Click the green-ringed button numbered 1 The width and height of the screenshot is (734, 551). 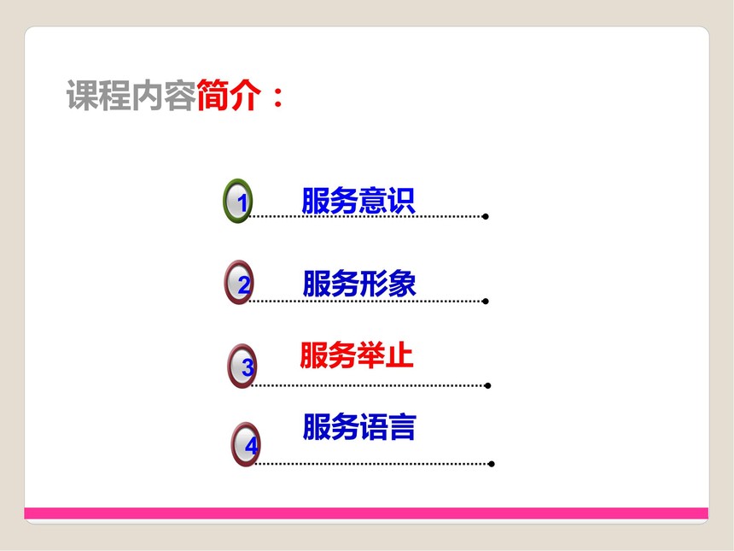coord(238,201)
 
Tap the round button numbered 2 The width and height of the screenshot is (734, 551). coord(239,283)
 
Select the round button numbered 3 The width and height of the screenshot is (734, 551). coord(242,366)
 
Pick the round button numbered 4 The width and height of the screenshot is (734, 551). coord(246,444)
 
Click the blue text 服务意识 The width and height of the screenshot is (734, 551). coord(358,201)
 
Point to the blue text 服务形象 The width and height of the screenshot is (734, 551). coord(359,284)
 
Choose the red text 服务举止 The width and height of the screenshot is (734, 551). coord(356,355)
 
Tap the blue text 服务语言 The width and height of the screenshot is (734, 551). coord(359,427)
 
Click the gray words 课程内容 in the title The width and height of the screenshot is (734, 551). coord(131,95)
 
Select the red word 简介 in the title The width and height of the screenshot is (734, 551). coord(229,95)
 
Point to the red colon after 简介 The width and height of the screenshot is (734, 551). coord(277,97)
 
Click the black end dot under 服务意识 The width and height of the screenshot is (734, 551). coord(486,216)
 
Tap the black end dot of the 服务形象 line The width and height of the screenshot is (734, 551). coord(486,302)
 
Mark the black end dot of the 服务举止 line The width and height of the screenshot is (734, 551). coord(488,385)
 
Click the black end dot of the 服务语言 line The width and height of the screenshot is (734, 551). coord(491,464)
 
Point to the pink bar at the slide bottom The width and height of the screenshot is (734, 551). coord(366,513)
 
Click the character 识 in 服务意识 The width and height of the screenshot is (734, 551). coord(401,201)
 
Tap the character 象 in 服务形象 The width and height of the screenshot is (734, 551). coord(402,284)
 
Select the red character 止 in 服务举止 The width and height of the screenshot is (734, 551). coord(399,355)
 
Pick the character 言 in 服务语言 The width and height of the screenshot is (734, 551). coord(402,427)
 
